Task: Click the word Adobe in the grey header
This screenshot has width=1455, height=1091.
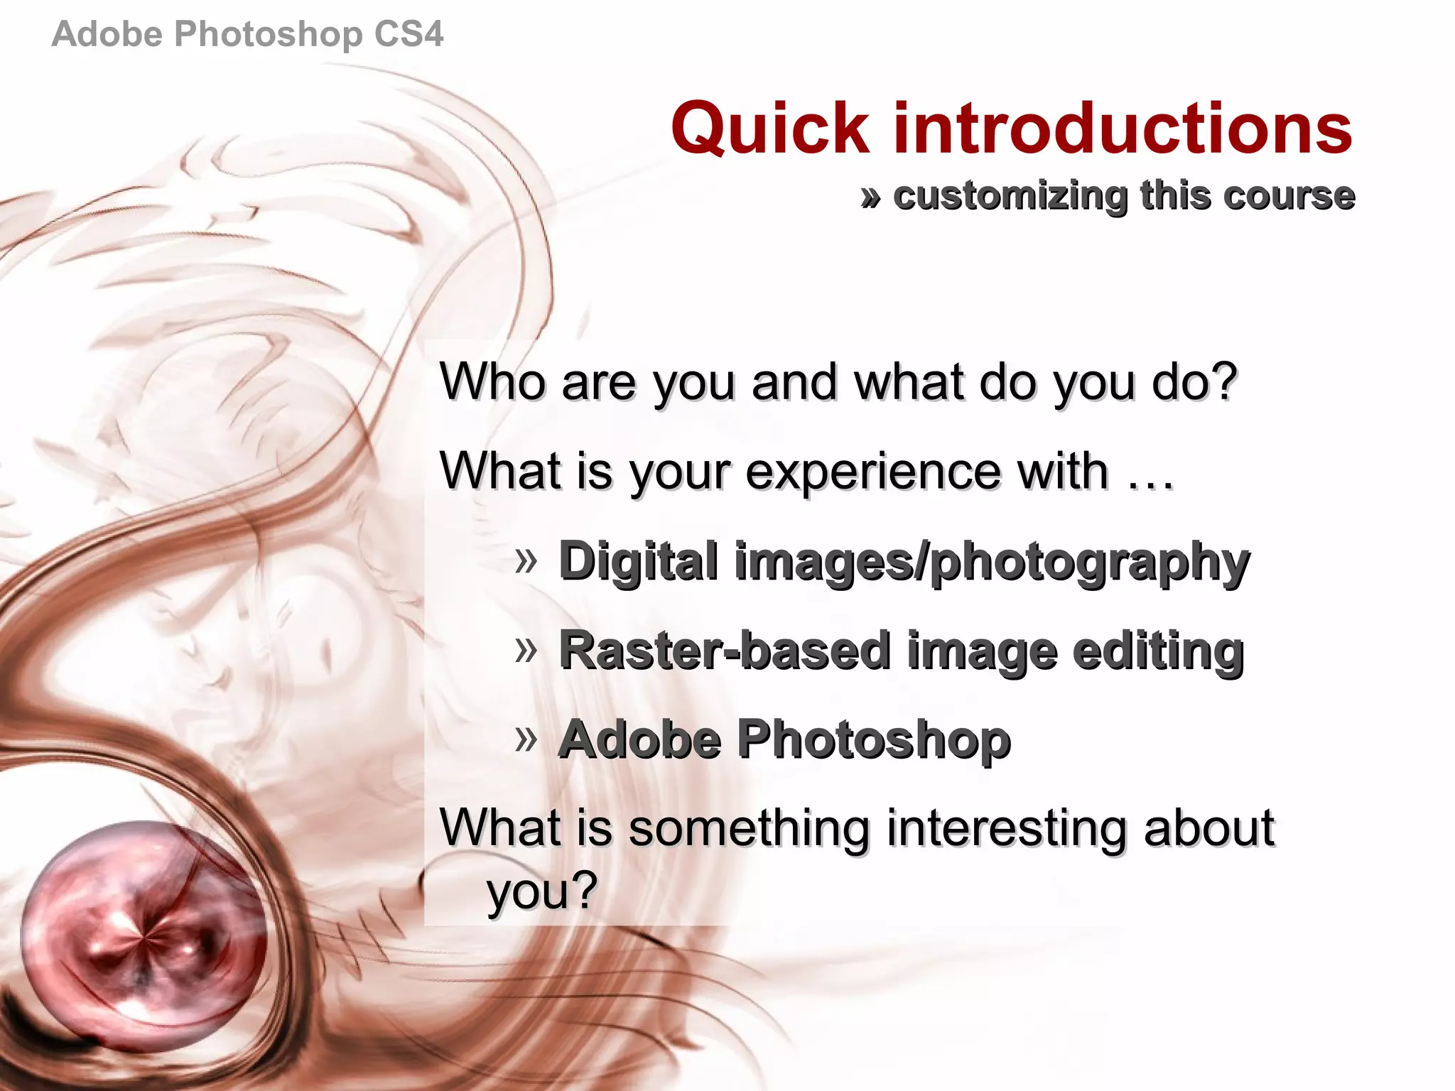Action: tap(107, 34)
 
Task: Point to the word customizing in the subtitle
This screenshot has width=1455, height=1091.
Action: tap(1010, 196)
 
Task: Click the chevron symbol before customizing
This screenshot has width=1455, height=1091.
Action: tap(871, 197)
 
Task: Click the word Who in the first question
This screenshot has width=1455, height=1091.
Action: tap(492, 381)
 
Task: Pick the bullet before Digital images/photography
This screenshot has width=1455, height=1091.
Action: tap(526, 561)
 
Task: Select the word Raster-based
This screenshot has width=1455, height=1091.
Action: tap(725, 651)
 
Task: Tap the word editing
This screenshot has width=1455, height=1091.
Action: tap(1158, 652)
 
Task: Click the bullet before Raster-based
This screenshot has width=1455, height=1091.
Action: tap(526, 649)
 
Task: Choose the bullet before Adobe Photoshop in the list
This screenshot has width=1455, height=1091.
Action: tap(526, 739)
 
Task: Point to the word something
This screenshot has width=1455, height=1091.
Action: tap(750, 829)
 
